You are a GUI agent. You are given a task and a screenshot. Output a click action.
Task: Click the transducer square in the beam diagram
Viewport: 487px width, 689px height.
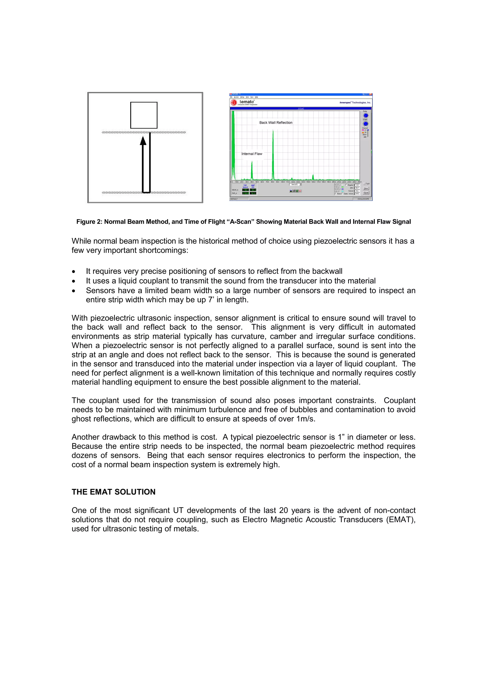(144, 115)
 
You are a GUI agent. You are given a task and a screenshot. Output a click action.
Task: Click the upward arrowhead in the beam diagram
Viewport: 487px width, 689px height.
(143, 140)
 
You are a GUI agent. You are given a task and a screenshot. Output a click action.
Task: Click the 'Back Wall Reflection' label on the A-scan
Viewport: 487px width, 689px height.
(276, 123)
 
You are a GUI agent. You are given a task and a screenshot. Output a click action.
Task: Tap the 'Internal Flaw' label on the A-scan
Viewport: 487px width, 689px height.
(252, 154)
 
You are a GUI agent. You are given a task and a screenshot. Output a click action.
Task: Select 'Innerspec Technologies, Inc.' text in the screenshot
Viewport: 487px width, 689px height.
(355, 103)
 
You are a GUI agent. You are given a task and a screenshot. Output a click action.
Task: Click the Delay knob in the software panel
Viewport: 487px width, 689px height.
(365, 116)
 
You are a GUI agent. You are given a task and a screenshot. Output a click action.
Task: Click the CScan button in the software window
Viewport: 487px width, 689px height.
(366, 193)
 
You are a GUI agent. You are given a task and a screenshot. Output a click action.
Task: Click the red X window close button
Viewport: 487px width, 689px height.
(371, 94)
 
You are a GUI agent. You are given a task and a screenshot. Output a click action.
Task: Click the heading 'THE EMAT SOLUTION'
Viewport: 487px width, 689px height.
(113, 492)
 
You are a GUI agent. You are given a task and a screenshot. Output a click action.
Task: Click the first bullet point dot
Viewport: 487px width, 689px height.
(73, 271)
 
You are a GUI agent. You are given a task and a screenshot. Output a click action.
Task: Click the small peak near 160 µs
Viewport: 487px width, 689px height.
(313, 177)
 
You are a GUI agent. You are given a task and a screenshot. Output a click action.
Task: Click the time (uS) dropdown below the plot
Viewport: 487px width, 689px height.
(295, 185)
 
